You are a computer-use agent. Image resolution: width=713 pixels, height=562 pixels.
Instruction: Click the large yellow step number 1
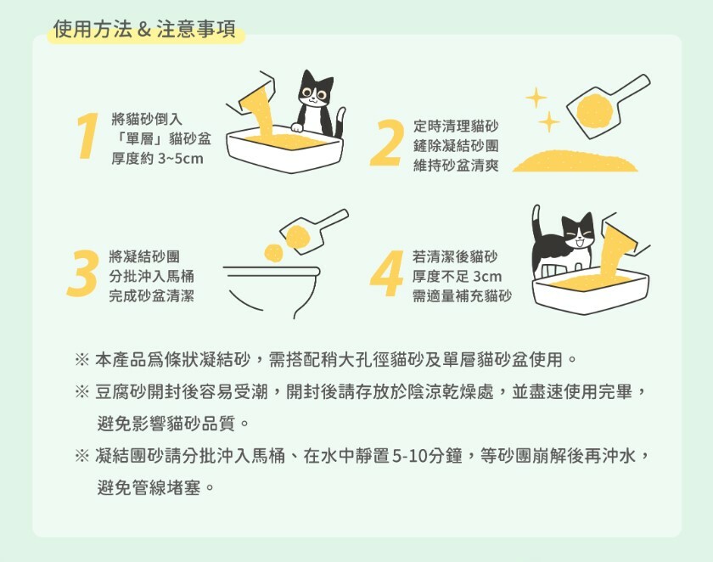[x=87, y=136]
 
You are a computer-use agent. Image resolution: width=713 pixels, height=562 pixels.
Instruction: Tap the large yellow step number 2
[x=387, y=143]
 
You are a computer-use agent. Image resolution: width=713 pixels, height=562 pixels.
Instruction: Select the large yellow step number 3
[x=83, y=273]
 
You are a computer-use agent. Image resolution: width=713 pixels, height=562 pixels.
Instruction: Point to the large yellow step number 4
[x=387, y=273]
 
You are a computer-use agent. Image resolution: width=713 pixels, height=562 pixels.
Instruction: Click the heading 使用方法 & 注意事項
[x=144, y=30]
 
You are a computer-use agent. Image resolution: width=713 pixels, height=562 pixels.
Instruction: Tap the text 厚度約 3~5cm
[x=157, y=159]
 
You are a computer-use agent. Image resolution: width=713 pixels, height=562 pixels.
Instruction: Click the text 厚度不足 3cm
[x=457, y=277]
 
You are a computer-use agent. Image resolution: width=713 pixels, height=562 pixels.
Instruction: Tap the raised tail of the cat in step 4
[x=537, y=222]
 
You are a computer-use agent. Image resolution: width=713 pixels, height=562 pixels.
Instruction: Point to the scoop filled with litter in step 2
[x=609, y=106]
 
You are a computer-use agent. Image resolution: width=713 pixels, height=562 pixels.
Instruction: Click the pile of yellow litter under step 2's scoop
[x=575, y=161]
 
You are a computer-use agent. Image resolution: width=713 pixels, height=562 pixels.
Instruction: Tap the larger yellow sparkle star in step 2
[x=536, y=98]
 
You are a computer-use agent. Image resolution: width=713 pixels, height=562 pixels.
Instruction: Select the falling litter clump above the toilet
[x=273, y=253]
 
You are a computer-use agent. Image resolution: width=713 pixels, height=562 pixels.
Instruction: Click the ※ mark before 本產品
[x=81, y=360]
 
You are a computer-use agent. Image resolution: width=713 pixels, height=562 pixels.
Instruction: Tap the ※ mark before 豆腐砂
[x=81, y=391]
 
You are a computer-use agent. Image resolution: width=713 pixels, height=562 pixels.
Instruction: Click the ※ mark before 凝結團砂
[x=81, y=456]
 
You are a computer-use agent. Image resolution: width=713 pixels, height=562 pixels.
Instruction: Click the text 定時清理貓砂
[x=456, y=126]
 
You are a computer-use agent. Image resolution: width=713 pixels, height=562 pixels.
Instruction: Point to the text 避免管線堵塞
[x=149, y=488]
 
